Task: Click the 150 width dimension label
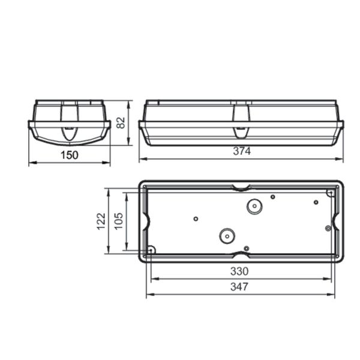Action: coord(70,155)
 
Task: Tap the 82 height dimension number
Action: coord(121,123)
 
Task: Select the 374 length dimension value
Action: coord(242,151)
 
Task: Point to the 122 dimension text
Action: coord(101,221)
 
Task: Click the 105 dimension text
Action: coord(119,221)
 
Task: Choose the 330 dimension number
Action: coord(239,271)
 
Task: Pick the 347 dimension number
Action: coord(239,287)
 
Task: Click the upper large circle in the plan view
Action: coord(254,206)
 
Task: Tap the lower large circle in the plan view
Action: coord(227,236)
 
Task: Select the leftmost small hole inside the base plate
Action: coord(196,219)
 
